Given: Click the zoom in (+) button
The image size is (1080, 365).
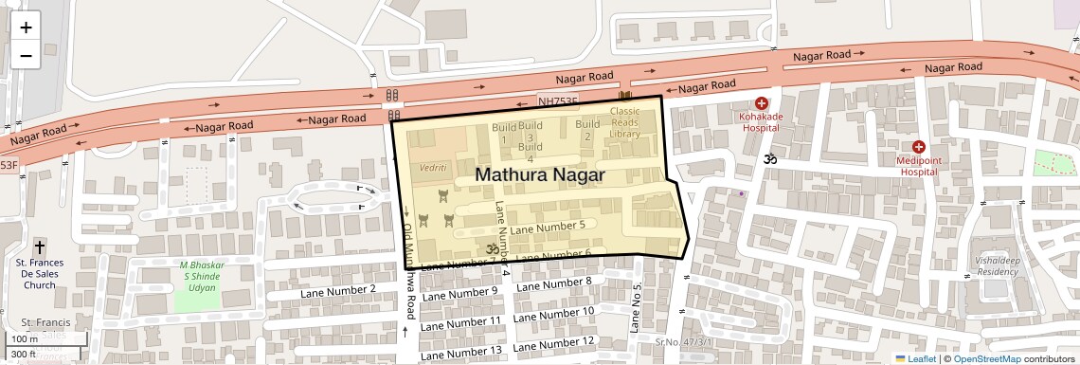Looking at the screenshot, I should (x=26, y=27).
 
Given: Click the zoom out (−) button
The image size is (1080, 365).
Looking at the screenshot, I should (x=26, y=55).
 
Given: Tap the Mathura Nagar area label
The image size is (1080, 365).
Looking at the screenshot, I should (x=539, y=175).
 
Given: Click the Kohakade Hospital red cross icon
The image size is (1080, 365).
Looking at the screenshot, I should (x=761, y=103).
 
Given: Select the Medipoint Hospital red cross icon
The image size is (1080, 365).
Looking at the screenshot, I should (x=918, y=147).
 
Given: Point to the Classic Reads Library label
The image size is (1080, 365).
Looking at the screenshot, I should (x=624, y=122).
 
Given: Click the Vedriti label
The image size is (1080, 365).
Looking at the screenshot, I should (x=433, y=167).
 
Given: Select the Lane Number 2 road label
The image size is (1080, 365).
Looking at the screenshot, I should (x=338, y=288).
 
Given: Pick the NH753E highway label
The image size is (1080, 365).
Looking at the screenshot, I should (x=557, y=100).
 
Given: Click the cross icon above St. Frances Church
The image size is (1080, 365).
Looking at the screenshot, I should (x=40, y=246).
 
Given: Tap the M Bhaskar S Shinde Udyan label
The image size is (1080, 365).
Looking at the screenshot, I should (x=199, y=275).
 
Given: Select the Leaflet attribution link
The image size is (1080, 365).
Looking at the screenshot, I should (x=915, y=358).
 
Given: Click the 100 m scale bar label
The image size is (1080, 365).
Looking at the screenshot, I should (x=25, y=339).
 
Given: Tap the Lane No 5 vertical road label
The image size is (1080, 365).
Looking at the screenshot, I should (x=637, y=308).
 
